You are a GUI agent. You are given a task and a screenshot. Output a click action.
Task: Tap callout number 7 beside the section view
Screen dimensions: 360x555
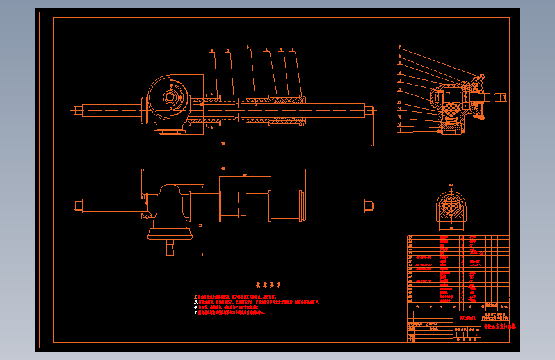399,47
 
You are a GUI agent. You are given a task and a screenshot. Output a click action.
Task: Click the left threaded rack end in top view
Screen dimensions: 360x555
78,110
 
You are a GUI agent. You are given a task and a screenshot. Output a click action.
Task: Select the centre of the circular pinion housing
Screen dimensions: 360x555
170,97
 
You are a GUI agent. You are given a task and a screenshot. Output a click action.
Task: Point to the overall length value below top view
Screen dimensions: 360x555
223,144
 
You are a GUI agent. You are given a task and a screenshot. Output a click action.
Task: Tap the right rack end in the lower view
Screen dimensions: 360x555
369,206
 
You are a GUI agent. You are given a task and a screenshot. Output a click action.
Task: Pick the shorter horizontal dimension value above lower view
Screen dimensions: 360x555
245,175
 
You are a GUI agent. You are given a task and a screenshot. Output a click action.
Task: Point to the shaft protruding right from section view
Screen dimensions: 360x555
497,97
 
